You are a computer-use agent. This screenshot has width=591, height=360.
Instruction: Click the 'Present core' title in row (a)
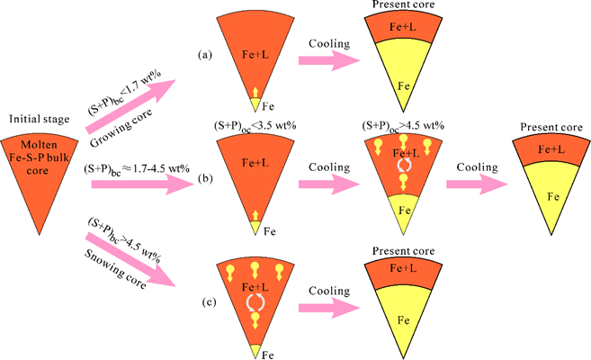click(x=404, y=6)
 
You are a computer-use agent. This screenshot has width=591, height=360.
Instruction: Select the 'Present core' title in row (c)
click(x=403, y=252)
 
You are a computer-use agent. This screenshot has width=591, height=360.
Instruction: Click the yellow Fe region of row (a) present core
click(x=404, y=83)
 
